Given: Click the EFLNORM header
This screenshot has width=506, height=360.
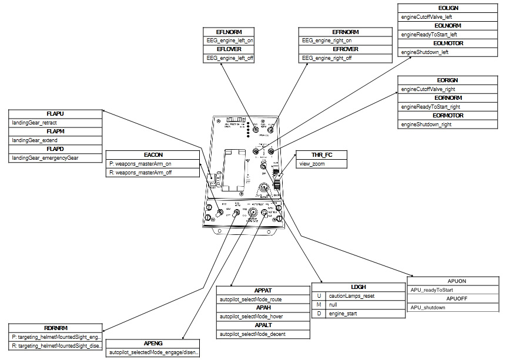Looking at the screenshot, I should tap(229, 32).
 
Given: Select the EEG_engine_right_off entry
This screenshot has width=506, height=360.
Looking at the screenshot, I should tap(327, 58).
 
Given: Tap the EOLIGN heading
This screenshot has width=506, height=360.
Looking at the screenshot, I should tap(448, 8).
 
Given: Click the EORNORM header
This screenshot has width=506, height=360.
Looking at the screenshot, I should tap(448, 97).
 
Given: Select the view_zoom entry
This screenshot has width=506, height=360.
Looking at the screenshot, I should tap(311, 164).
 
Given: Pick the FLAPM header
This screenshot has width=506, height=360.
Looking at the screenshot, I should tap(55, 132).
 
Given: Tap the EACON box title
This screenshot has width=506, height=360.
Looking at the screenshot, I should tap(144, 155).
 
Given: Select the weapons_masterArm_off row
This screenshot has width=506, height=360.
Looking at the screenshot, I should tap(144, 172).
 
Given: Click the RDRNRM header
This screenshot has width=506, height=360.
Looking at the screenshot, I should tap(55, 328).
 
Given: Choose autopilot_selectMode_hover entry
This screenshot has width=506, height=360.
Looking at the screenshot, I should tap(251, 317).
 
